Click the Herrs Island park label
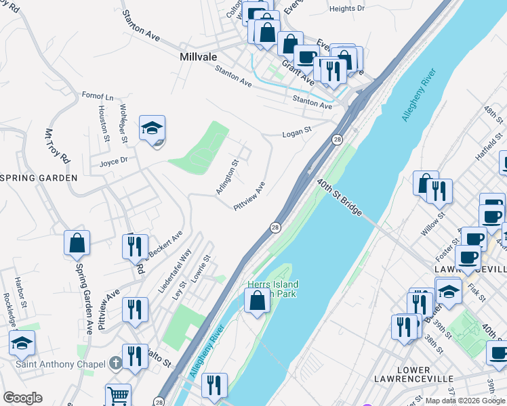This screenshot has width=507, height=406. (272, 289)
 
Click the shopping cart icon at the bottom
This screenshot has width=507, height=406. (118, 395)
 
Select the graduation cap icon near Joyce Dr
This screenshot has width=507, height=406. (153, 127)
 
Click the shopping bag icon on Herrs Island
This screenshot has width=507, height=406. (257, 300)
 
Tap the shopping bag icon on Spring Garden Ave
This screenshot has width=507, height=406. (77, 243)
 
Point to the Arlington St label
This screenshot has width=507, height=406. (227, 177)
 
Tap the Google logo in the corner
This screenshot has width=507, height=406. (22, 398)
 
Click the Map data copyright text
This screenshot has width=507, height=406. (465, 401)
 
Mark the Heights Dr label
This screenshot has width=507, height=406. (346, 9)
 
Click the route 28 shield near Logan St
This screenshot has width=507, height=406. (337, 139)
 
